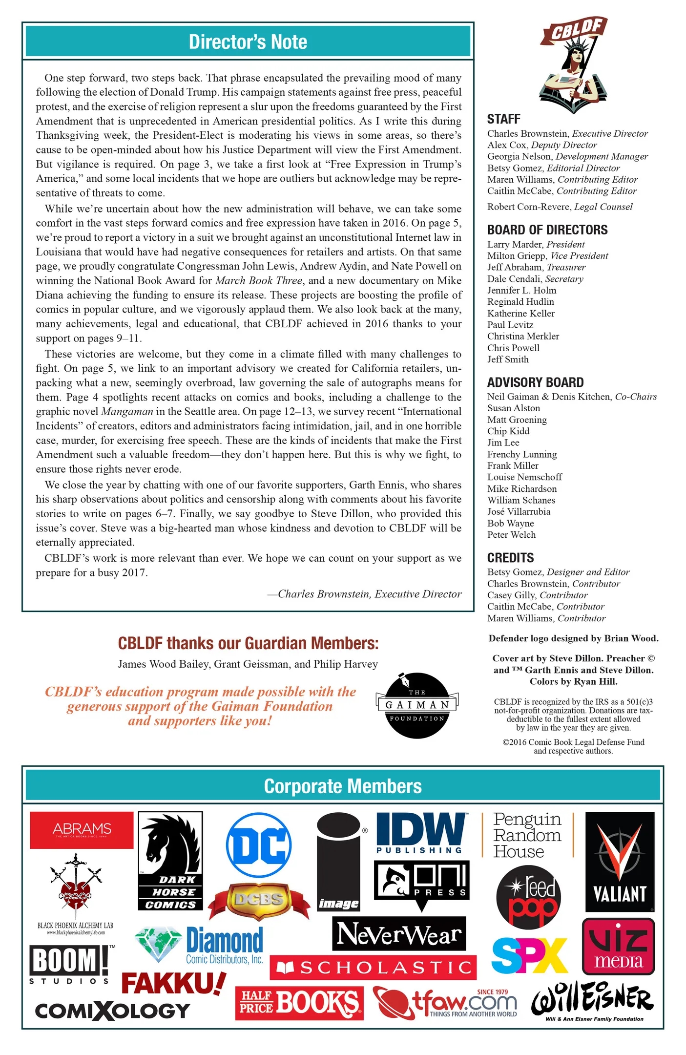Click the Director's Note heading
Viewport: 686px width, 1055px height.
[x=248, y=42]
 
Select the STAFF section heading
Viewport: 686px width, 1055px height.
[x=503, y=119]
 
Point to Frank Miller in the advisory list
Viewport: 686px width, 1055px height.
[x=513, y=465]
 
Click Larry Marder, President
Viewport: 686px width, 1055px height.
[x=536, y=244]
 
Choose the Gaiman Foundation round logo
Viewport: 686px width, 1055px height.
[x=417, y=705]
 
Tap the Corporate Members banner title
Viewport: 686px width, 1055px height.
[x=343, y=786]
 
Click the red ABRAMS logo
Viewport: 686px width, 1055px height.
[x=82, y=830]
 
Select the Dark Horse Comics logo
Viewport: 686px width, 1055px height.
[x=170, y=861]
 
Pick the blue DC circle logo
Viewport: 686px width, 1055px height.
[x=259, y=845]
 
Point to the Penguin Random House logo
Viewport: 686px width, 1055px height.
[x=527, y=835]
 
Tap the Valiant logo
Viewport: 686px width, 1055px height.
[x=620, y=862]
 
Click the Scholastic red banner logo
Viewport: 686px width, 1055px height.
[x=373, y=967]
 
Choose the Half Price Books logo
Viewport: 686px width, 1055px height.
[x=299, y=1002]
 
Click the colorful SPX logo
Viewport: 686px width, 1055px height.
[x=530, y=955]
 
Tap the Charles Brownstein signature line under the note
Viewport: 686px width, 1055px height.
[x=369, y=594]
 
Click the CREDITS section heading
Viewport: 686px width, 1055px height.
[x=510, y=558]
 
